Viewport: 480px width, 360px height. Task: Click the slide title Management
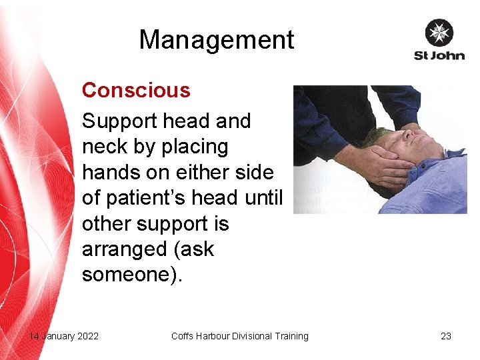216,40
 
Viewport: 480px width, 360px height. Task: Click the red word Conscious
135,90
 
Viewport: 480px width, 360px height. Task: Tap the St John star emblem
439,33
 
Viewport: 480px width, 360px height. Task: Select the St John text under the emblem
439,55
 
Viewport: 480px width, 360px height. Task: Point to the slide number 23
446,336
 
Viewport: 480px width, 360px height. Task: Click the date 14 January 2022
63,336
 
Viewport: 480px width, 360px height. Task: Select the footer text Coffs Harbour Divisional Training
239,336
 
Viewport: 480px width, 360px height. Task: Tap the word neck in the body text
102,147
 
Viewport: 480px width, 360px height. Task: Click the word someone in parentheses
128,275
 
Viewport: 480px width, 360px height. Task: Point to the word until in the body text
264,198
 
